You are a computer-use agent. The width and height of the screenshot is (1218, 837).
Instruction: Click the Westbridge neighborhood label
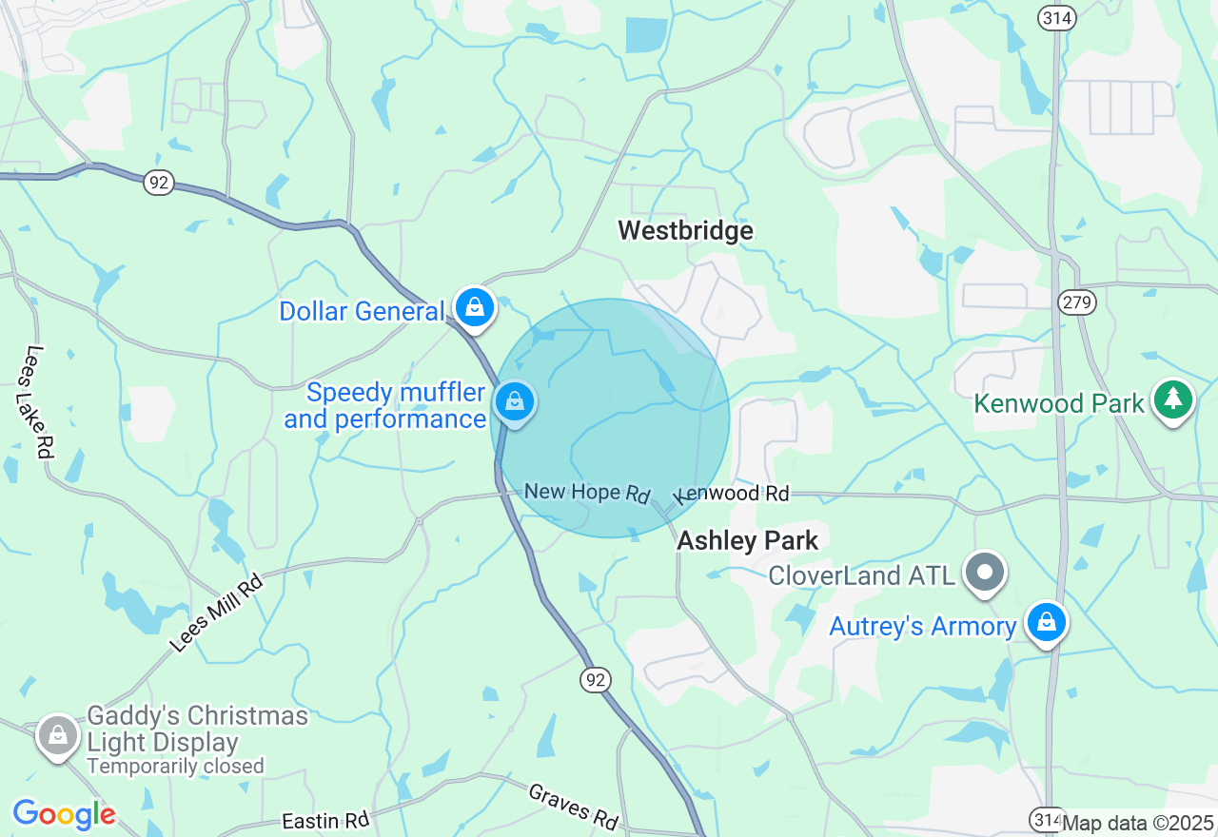tap(685, 230)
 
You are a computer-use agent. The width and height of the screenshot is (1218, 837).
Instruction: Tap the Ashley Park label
tap(747, 541)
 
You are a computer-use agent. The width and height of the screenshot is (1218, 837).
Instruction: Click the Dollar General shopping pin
tap(474, 307)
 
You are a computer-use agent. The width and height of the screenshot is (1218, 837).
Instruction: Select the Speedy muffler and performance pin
tap(515, 402)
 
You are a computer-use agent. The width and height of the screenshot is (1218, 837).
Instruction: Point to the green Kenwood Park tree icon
tap(1172, 399)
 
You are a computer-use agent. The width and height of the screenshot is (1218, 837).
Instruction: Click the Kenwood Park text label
tap(1058, 404)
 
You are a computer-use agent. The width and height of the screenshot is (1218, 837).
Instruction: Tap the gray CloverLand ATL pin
tap(986, 572)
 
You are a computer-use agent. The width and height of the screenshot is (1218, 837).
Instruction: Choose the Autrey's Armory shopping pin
tap(1047, 621)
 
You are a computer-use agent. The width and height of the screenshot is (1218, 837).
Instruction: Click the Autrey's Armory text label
tap(923, 627)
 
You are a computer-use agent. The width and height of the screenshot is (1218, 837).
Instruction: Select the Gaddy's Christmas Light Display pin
tap(58, 735)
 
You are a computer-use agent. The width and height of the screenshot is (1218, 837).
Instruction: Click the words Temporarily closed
tap(175, 766)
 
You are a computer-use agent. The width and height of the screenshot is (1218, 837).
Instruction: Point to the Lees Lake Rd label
tap(38, 402)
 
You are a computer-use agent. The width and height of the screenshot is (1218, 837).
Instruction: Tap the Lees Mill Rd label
tap(217, 613)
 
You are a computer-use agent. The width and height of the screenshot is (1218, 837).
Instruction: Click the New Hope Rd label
tap(587, 492)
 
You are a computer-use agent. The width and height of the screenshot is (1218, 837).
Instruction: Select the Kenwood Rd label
tap(733, 495)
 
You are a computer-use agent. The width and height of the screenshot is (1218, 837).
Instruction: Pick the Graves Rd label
tap(573, 806)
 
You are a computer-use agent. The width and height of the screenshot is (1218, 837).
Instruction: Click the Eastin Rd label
tap(324, 821)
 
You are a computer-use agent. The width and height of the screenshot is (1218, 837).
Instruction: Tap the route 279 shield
tap(1076, 302)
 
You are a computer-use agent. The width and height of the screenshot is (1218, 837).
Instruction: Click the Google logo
tap(64, 814)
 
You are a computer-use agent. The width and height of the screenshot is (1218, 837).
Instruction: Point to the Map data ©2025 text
tap(1137, 823)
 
